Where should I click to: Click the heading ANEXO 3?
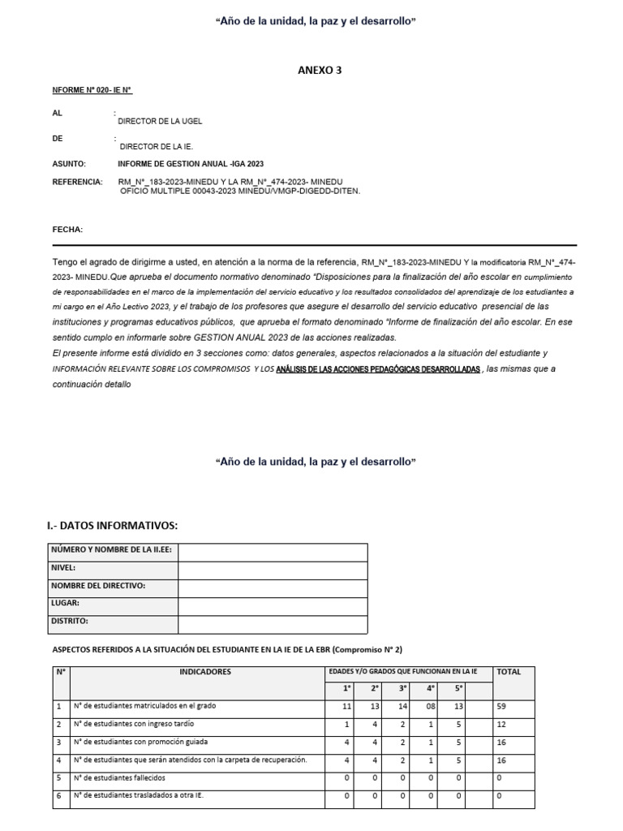320,71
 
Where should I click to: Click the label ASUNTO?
69,164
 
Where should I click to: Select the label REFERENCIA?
77,181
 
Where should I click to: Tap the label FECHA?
67,230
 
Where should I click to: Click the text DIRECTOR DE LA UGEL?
160,121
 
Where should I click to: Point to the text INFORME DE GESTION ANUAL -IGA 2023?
191,164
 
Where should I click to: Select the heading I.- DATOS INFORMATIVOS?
112,526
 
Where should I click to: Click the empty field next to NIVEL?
273,569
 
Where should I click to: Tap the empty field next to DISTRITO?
273,622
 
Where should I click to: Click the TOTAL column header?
509,672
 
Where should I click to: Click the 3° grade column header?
402,689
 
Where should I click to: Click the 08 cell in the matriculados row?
430,707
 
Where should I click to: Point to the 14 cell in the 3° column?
402,707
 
